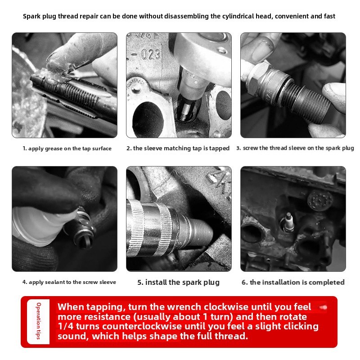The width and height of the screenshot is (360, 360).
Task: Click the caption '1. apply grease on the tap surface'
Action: click(x=67, y=148)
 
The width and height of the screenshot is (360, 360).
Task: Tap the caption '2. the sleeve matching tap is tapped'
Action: click(x=178, y=148)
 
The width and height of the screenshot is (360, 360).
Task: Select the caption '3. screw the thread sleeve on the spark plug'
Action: click(x=295, y=148)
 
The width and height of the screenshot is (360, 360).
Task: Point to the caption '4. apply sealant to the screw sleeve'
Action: click(x=69, y=282)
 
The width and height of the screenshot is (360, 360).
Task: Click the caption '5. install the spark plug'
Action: click(x=178, y=282)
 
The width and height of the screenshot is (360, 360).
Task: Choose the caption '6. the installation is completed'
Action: click(x=293, y=282)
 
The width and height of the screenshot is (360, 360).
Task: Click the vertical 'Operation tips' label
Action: click(x=39, y=321)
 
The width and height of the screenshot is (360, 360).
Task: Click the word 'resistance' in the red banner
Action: click(x=107, y=317)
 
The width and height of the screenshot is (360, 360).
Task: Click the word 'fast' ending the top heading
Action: click(x=329, y=16)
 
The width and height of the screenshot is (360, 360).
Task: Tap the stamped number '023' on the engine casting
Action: click(x=151, y=55)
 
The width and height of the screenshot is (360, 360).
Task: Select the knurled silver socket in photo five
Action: click(x=152, y=227)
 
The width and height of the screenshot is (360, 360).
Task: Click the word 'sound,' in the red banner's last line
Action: click(x=73, y=336)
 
